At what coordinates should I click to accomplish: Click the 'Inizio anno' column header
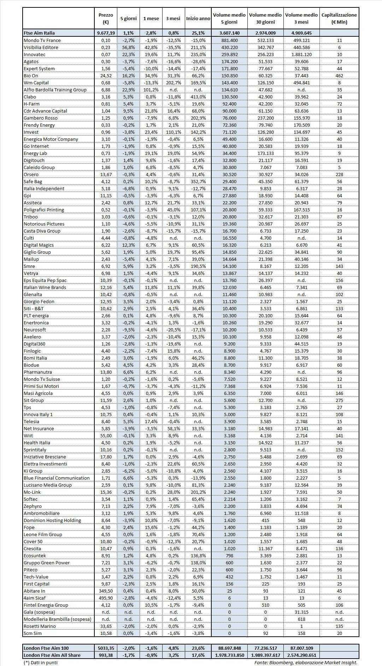(x=198, y=19)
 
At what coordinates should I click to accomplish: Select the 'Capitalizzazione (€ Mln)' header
(x=339, y=19)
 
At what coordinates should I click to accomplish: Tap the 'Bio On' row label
(x=31, y=76)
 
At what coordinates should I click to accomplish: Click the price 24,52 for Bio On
(x=106, y=76)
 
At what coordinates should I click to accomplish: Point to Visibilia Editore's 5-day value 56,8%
(x=129, y=47)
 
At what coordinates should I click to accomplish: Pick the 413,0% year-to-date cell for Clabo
(x=198, y=97)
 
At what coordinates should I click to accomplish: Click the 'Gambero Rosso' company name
(x=40, y=118)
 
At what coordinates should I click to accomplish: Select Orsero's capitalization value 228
(x=339, y=174)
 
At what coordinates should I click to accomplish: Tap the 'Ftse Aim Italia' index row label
(x=39, y=33)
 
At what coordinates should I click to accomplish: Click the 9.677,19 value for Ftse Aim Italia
(x=106, y=33)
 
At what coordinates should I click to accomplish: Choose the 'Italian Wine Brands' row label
(x=45, y=287)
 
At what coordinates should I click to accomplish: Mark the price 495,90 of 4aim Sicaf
(x=106, y=598)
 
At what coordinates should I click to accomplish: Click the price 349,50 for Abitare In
(x=106, y=591)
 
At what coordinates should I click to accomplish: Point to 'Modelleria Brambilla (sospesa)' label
(x=57, y=619)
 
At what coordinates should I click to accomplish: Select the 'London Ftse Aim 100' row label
(x=46, y=648)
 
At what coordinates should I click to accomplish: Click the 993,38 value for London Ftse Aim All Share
(x=106, y=655)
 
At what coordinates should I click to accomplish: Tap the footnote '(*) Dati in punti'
(x=40, y=662)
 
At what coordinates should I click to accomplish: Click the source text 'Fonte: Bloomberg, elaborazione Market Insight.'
(x=306, y=662)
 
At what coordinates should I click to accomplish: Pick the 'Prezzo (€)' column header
(x=106, y=19)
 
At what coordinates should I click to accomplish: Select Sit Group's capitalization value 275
(x=339, y=400)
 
